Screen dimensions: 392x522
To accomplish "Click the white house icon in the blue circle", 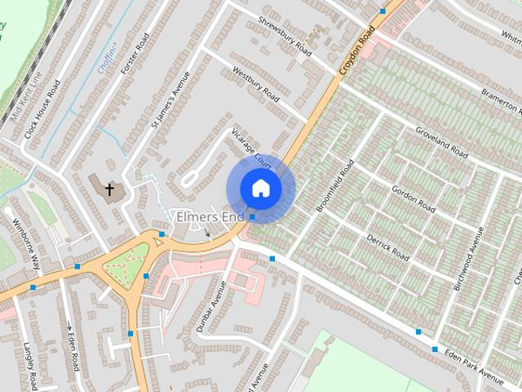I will click(260, 188).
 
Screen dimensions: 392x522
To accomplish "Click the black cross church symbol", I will click(109, 189).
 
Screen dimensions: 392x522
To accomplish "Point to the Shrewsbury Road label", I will click(285, 37).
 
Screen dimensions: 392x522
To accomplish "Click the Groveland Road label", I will click(440, 142).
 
